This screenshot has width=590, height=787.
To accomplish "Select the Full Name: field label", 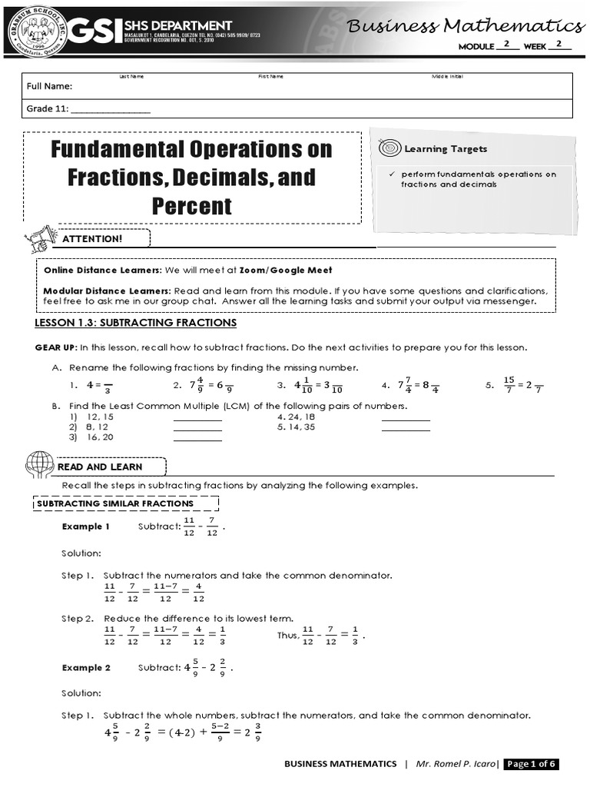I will tap(50, 86).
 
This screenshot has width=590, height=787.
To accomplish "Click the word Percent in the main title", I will tap(191, 206).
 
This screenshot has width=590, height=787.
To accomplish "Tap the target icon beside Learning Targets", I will tap(389, 148).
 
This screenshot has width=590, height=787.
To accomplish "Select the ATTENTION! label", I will tap(97, 239).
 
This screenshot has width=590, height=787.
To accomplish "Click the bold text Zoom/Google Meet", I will tap(286, 271).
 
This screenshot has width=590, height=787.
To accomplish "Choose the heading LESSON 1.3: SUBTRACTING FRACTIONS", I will tap(136, 323).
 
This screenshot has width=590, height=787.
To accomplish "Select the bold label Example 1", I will tap(86, 526).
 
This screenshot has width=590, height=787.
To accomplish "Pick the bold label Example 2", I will tap(86, 668).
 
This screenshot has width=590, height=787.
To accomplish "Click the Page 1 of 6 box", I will tap(530, 764).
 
